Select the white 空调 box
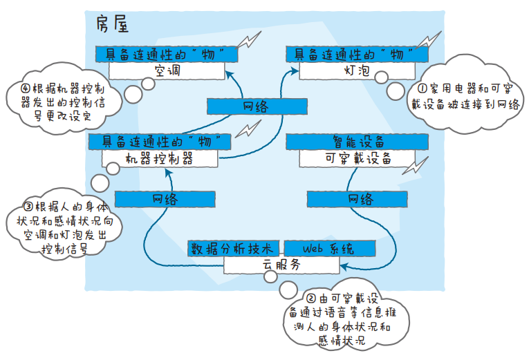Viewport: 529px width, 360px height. [x=167, y=70]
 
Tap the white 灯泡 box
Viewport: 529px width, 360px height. [x=358, y=70]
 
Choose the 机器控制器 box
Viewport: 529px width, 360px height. [x=159, y=158]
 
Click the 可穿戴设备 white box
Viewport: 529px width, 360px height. [x=358, y=158]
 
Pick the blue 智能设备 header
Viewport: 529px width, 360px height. [x=358, y=142]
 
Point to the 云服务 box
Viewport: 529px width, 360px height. [x=281, y=264]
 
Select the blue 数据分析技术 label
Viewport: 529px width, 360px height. [x=234, y=248]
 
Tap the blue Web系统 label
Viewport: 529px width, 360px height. [x=328, y=248]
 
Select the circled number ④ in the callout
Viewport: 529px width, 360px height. [x=26, y=89]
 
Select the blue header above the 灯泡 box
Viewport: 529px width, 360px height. [x=358, y=53]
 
